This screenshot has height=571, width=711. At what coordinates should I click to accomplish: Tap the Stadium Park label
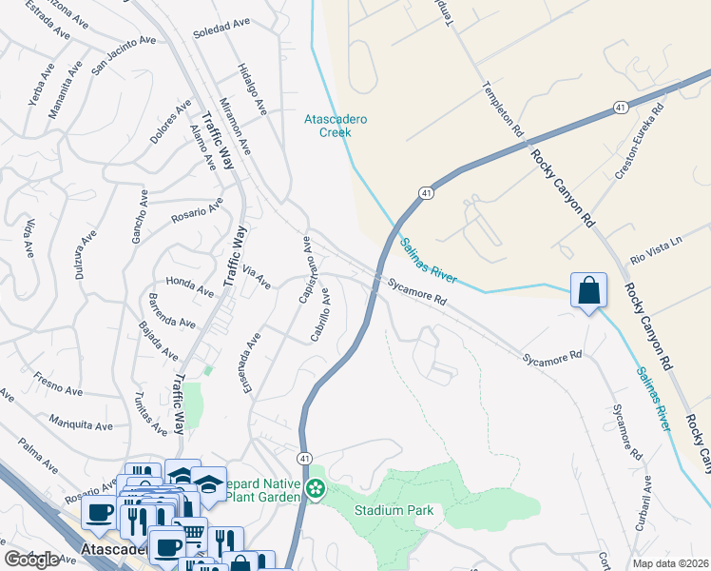coord(394,511)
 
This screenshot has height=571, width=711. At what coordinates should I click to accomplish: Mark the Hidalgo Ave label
coord(250,87)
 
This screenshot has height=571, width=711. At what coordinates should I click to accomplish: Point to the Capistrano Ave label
coord(306,270)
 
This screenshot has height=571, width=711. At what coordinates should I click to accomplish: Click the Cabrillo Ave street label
coord(320,314)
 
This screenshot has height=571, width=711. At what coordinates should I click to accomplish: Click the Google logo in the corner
coord(32,560)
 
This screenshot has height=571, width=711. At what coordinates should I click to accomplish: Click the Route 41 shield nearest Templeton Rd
coord(619,107)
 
